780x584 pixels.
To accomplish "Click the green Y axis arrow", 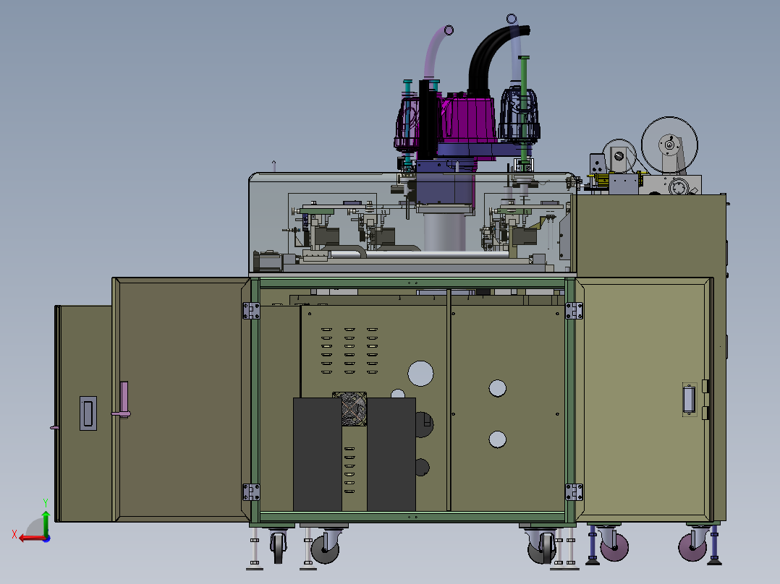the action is click(46, 523).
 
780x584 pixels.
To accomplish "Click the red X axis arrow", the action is click(33, 538).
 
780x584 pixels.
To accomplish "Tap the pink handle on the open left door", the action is click(123, 400).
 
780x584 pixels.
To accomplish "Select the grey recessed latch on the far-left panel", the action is click(88, 413).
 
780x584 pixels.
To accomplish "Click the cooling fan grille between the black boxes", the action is click(349, 409).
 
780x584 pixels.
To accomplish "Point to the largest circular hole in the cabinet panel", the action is click(420, 373).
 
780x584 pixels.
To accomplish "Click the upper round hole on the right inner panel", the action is click(498, 388).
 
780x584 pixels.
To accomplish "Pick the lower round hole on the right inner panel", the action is click(498, 439).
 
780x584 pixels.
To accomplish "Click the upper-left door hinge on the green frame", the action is click(251, 311).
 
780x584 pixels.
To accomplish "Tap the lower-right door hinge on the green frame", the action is click(574, 492).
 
